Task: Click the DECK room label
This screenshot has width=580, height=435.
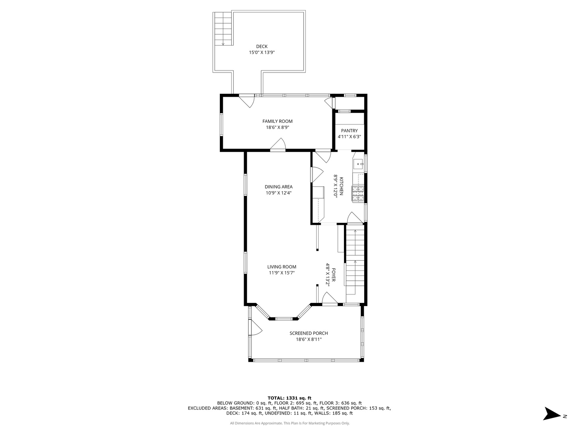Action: (261, 46)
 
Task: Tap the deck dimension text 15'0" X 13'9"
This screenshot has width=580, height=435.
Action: (261, 52)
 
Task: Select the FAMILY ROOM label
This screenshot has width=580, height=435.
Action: (277, 121)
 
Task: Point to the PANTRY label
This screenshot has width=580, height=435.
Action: (349, 131)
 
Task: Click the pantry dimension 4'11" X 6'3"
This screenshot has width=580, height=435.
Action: (349, 137)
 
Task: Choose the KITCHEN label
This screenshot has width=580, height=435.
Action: (341, 186)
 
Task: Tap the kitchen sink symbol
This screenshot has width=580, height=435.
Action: (358, 164)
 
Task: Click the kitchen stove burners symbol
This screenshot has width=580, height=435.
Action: (358, 194)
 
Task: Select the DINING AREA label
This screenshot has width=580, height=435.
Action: (278, 187)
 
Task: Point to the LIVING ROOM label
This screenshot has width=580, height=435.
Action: (282, 267)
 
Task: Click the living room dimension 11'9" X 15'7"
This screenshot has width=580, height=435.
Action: (282, 273)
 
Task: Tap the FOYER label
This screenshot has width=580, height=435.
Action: (333, 275)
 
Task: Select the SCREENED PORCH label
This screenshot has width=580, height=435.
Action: (309, 333)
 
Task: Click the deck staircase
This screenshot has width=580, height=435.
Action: (223, 29)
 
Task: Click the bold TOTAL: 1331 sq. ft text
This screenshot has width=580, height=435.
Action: (289, 398)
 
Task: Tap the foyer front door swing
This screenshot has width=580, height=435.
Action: (330, 299)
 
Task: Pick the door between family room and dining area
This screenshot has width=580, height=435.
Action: (278, 145)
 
